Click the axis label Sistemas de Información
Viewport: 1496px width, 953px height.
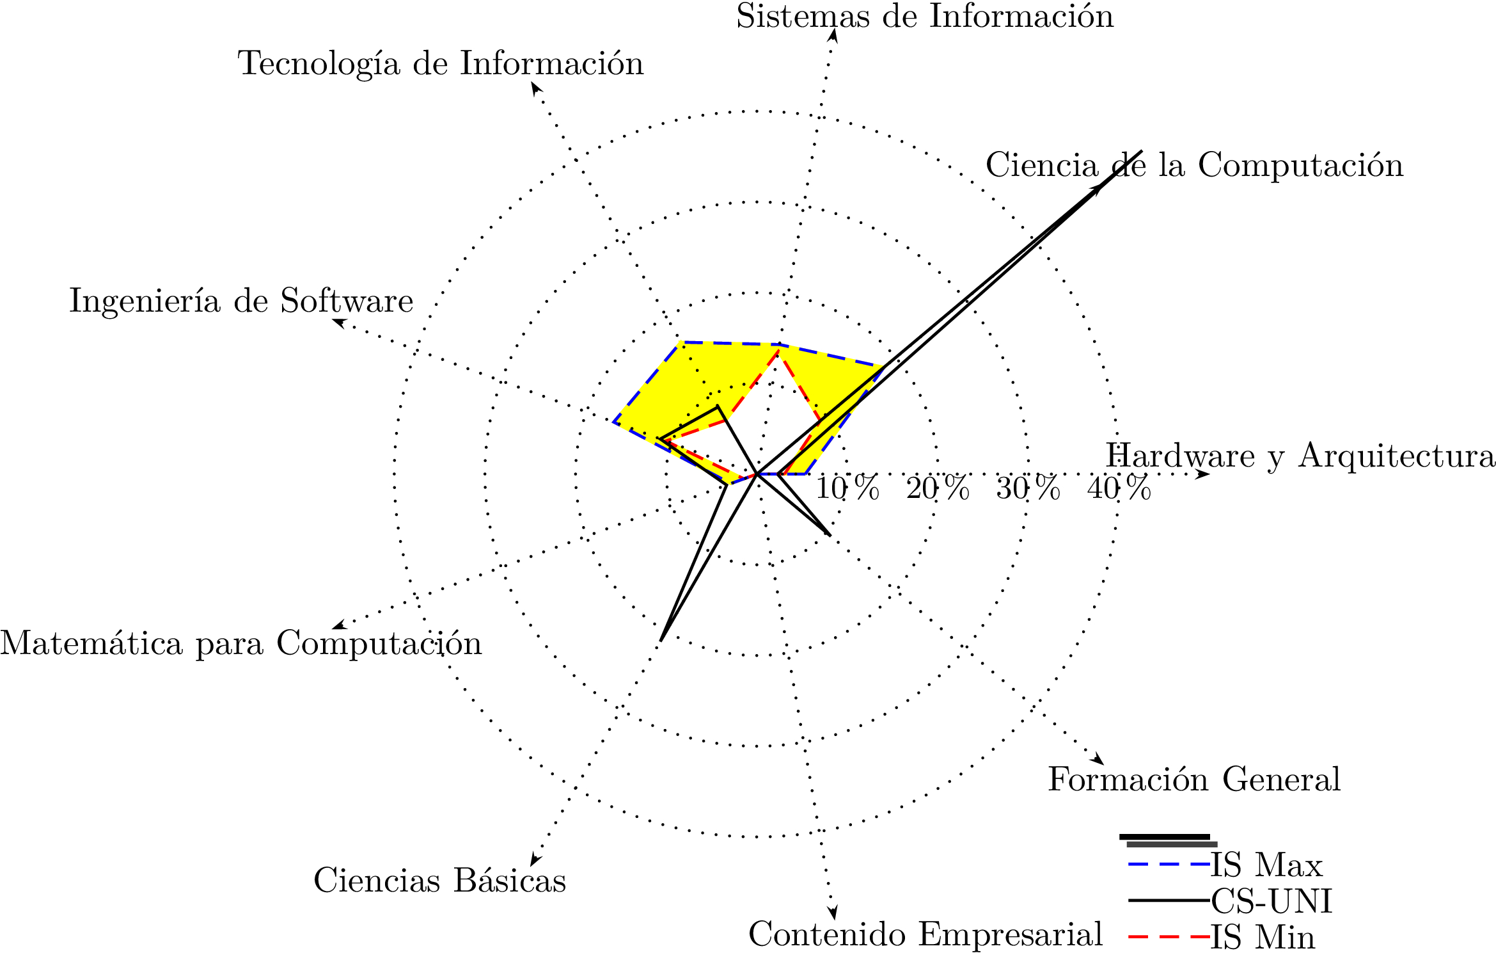click(x=924, y=17)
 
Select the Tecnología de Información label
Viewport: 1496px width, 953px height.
click(x=441, y=63)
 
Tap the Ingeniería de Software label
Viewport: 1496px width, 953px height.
click(x=241, y=301)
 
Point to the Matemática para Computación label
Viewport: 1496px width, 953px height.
click(x=240, y=643)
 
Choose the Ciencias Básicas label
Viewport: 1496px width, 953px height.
click(x=439, y=880)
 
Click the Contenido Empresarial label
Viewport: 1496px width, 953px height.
click(x=925, y=934)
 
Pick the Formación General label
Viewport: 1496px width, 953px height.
click(x=1193, y=780)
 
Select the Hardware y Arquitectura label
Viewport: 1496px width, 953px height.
click(x=1300, y=456)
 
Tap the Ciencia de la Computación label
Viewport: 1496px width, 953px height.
click(x=1194, y=165)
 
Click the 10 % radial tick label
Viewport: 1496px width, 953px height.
click(x=847, y=489)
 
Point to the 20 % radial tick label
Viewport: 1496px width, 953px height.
click(x=938, y=489)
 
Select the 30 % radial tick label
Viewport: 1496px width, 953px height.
click(x=1028, y=489)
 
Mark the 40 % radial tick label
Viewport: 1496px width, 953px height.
click(x=1119, y=489)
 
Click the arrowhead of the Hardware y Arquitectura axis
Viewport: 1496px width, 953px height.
click(x=1204, y=474)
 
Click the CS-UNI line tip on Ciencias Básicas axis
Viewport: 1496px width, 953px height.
click(x=661, y=640)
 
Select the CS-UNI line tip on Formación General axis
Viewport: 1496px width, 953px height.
click(x=830, y=534)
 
